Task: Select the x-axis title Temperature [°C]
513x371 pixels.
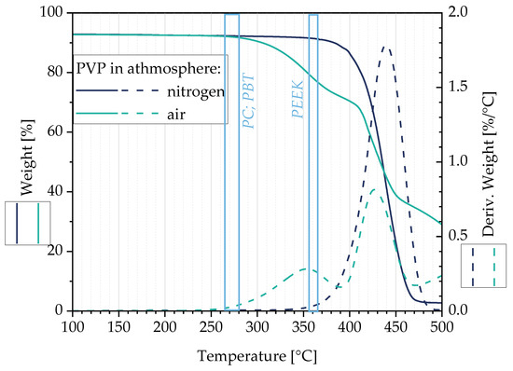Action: point(257,357)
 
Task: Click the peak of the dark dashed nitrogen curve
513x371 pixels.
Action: point(386,48)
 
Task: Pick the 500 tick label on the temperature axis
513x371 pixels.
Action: point(442,327)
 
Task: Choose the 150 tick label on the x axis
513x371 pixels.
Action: point(118,327)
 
